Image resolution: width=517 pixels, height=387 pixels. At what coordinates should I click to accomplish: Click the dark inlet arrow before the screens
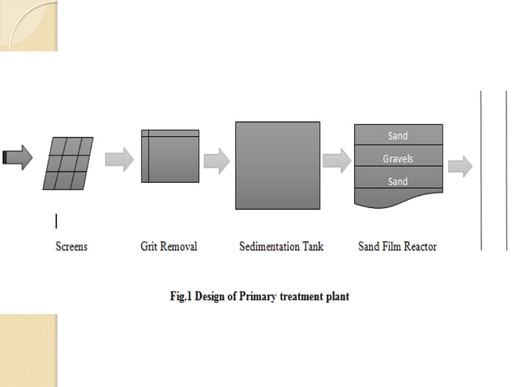[17, 158]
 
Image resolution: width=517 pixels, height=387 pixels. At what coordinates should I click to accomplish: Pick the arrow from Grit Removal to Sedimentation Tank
[216, 160]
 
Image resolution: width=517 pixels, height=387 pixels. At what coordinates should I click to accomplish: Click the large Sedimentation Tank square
[277, 165]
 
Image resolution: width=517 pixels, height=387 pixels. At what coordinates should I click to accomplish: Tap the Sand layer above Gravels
[398, 136]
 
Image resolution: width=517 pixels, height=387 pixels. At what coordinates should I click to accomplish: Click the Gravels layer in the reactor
[398, 158]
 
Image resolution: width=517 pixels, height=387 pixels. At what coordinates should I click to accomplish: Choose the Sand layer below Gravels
[398, 181]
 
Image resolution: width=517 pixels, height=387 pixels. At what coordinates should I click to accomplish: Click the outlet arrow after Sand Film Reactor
[459, 166]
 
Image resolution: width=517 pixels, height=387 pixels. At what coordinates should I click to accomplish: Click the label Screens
[71, 246]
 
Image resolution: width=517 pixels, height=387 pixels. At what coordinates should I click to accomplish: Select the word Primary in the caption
[258, 296]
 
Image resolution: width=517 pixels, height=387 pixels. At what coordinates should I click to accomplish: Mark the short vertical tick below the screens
[56, 220]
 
